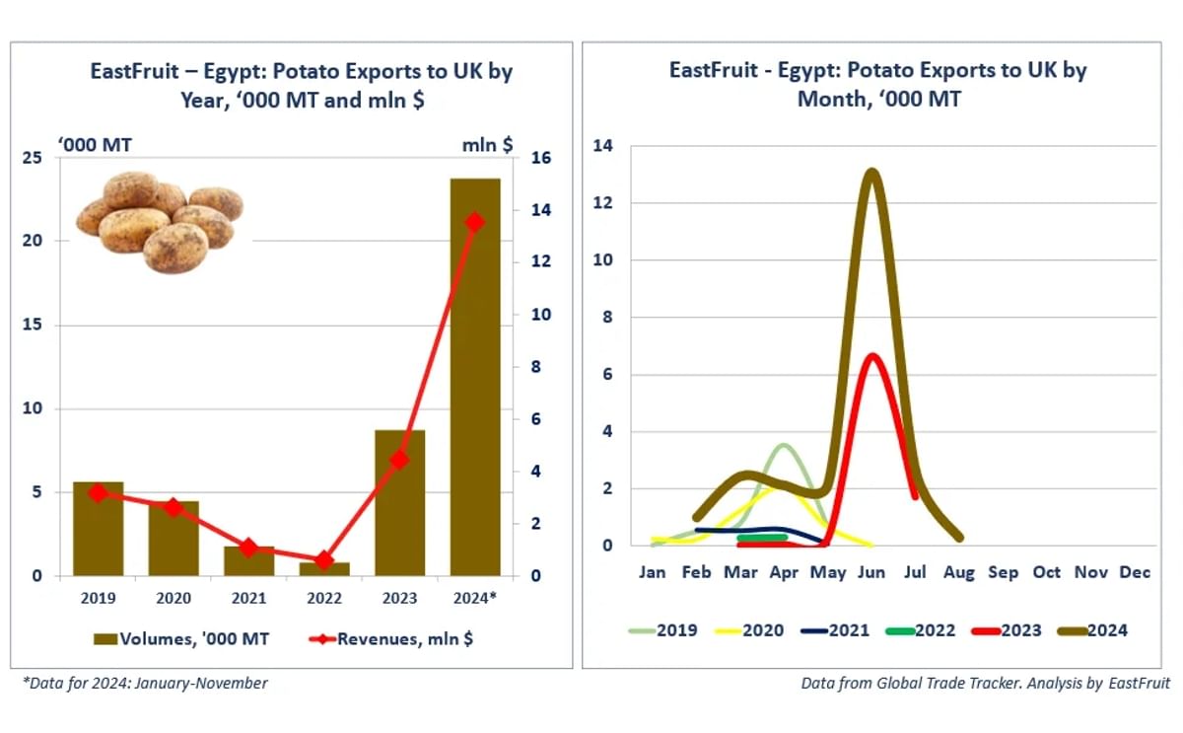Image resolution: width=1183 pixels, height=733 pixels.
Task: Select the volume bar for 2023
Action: point(399,503)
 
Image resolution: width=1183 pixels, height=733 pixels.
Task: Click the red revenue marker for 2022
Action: point(324,560)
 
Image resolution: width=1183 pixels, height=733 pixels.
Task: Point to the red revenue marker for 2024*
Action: point(475,222)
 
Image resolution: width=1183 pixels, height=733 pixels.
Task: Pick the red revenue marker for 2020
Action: point(174,508)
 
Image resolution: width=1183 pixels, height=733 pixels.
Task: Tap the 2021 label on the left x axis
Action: point(248,598)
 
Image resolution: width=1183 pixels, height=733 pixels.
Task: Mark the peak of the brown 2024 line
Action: point(871,174)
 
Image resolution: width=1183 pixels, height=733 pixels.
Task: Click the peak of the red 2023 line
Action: point(871,356)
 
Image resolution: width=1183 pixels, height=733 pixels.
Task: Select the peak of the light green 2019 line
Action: point(784,446)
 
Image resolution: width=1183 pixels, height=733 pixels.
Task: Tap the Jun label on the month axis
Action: point(871,572)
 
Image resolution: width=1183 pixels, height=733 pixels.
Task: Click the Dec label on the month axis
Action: point(1135,572)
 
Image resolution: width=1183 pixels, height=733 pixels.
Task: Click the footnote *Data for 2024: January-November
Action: point(145,683)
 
